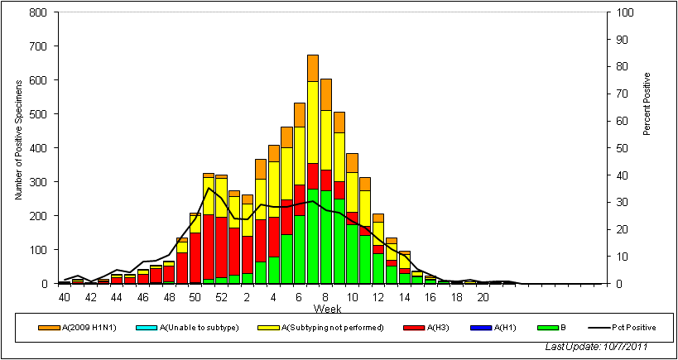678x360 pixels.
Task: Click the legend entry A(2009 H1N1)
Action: click(79, 328)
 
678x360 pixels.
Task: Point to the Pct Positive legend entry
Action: click(629, 328)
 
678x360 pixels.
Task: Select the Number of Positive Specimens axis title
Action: click(17, 148)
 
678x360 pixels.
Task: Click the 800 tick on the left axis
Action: click(37, 13)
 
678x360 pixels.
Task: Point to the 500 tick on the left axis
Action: click(37, 115)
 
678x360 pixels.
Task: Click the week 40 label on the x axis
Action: click(64, 297)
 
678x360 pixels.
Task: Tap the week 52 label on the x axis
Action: click(221, 297)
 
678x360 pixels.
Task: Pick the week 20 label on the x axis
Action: click(483, 297)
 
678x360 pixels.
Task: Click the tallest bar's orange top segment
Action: click(313, 68)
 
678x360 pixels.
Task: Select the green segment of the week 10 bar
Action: click(353, 253)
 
